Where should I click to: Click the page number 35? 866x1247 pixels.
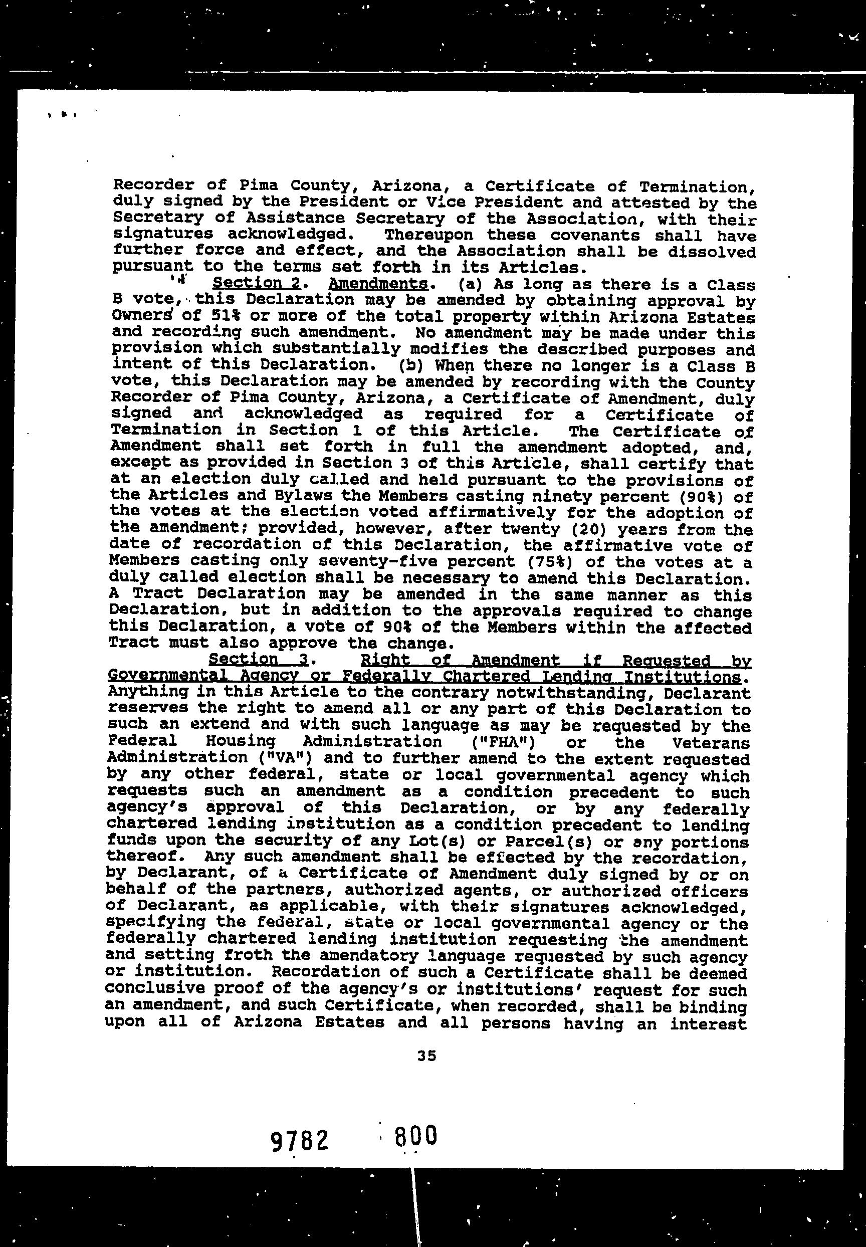[x=427, y=1056]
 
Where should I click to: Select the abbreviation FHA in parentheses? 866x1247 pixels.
[x=502, y=742]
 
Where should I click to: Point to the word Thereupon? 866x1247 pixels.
[x=428, y=235]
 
